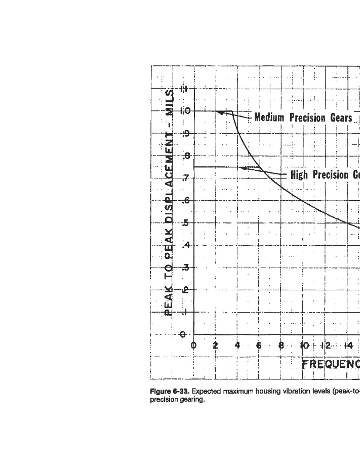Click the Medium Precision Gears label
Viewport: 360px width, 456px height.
point(303,118)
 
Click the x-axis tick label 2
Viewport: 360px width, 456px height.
point(216,346)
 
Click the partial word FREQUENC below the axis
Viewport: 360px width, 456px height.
point(331,364)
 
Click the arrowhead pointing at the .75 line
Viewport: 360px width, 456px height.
point(243,168)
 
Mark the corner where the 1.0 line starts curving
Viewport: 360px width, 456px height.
point(232,111)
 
